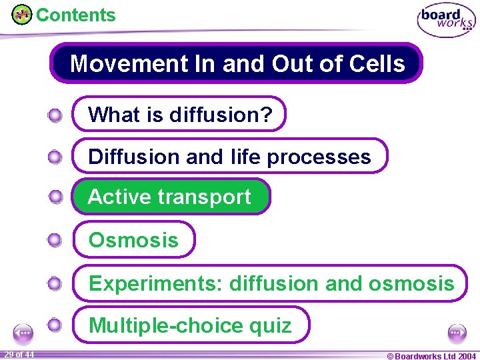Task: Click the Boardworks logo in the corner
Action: (446, 20)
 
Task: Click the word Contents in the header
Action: (75, 15)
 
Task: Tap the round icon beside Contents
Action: (22, 14)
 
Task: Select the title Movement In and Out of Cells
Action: (237, 63)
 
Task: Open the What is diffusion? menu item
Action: (179, 114)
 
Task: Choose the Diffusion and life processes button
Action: (229, 156)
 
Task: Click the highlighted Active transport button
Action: (171, 197)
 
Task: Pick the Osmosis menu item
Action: (134, 239)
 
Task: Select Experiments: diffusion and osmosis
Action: (271, 283)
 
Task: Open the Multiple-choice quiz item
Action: (191, 325)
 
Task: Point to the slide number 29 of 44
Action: (19, 354)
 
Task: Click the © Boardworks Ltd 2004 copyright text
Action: (431, 355)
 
